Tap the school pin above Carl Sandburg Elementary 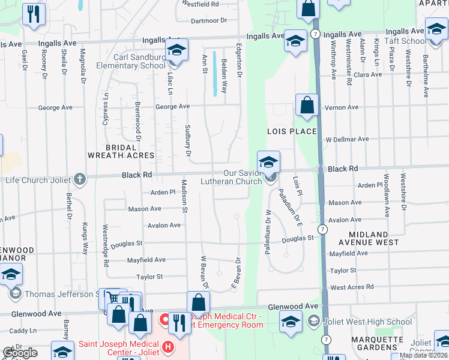pos(176,50)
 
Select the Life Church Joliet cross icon pos(80,179)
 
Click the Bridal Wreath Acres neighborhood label pos(121,151)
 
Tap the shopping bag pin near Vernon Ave pos(307,105)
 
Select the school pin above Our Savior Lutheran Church pos(268,161)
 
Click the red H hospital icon pos(167,346)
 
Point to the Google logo pos(20,353)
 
